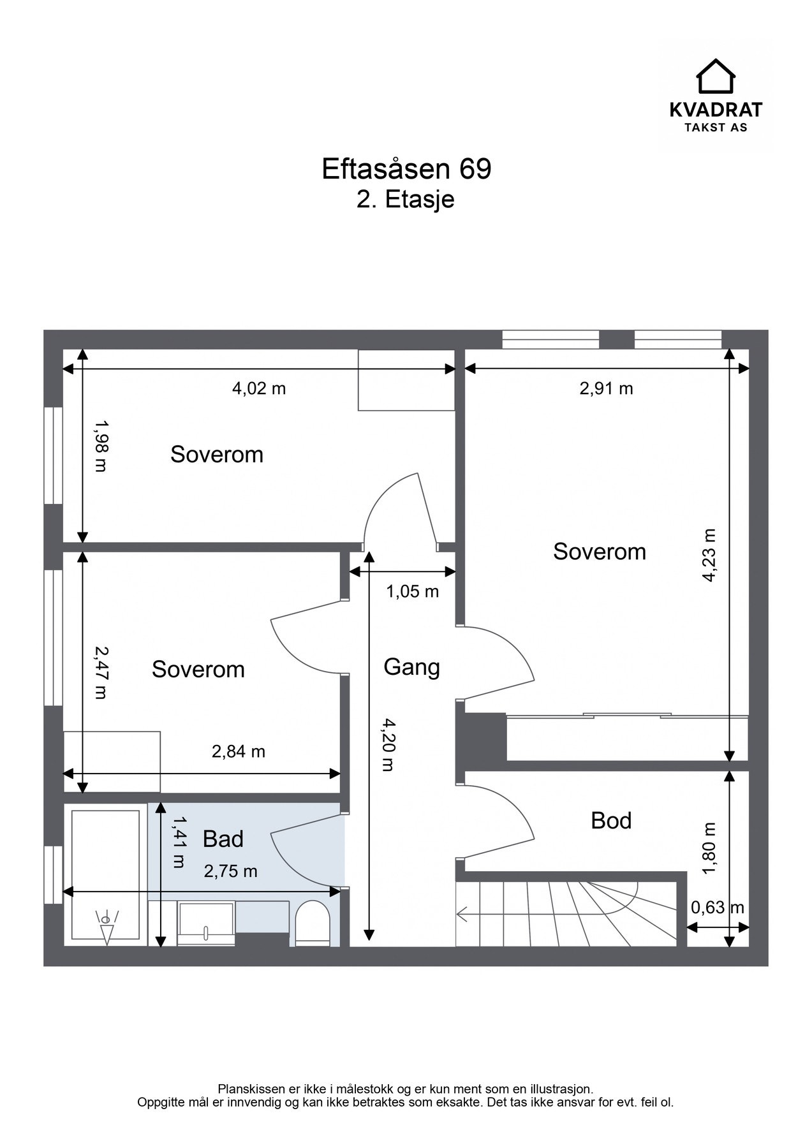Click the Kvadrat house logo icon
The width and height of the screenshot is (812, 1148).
point(715,76)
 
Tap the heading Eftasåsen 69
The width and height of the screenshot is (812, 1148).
point(406,169)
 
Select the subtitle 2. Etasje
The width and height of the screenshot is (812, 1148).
point(406,199)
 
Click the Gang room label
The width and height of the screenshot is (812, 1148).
point(411,668)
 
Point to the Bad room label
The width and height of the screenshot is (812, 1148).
point(223,839)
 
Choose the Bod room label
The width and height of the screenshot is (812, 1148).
point(611,820)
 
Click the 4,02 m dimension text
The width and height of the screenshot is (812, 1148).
point(258,388)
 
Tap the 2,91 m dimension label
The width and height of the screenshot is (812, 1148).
point(606,388)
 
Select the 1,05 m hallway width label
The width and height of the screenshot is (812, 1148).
point(412,591)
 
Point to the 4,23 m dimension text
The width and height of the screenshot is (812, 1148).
point(709,555)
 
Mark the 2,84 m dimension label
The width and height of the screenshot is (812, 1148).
point(238,751)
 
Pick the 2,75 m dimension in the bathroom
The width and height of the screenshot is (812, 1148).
point(230,871)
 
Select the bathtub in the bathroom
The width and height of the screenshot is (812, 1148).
point(105,876)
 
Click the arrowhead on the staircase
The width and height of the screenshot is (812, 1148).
point(461,915)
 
